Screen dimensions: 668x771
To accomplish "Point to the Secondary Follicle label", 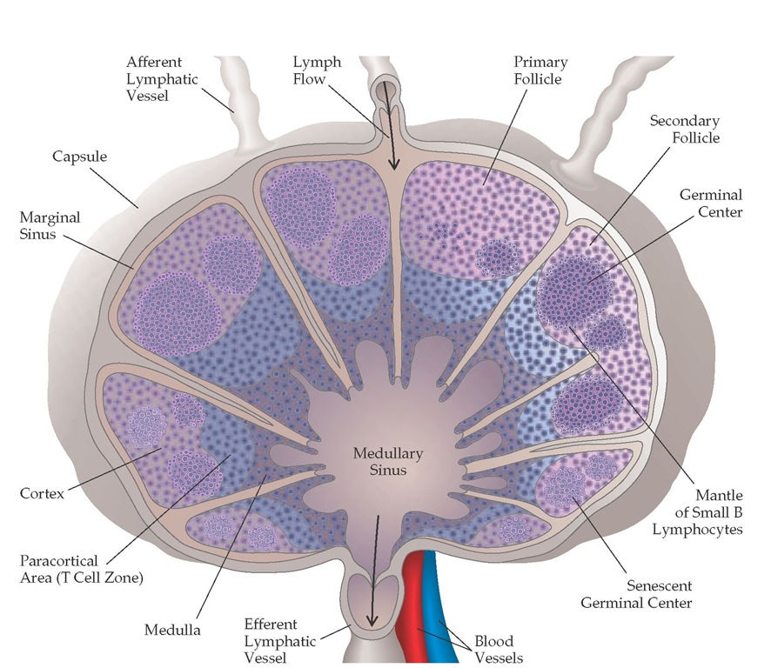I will [x=685, y=130].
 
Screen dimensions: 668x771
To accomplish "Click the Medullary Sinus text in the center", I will [x=387, y=462].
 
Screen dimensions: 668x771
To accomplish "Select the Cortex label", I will [x=42, y=494].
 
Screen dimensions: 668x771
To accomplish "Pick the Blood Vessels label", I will [x=498, y=650].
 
